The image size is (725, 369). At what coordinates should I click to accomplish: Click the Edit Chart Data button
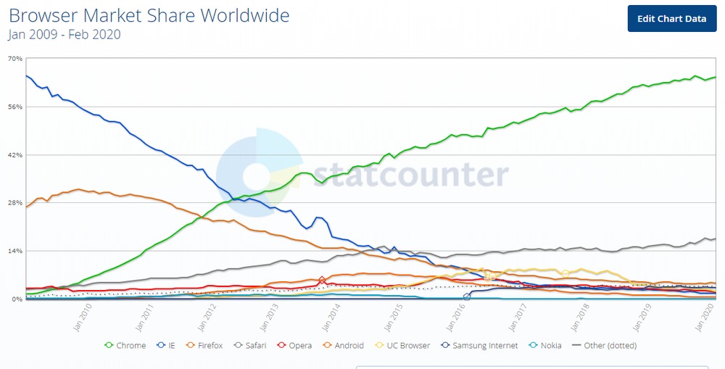coord(671,19)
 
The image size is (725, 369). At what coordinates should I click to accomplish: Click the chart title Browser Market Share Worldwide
coord(149,15)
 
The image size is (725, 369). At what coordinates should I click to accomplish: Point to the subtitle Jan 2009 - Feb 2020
coord(64,34)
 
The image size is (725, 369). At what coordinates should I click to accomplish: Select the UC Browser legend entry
coord(405,346)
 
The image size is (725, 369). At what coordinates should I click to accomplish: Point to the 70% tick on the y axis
coord(14,59)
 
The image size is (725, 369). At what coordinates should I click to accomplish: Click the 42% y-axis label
coord(14,155)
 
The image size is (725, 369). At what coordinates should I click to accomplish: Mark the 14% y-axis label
coord(14,252)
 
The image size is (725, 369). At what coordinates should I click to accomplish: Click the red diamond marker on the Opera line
coord(322,281)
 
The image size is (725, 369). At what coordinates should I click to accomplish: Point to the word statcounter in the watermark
coord(413,175)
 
